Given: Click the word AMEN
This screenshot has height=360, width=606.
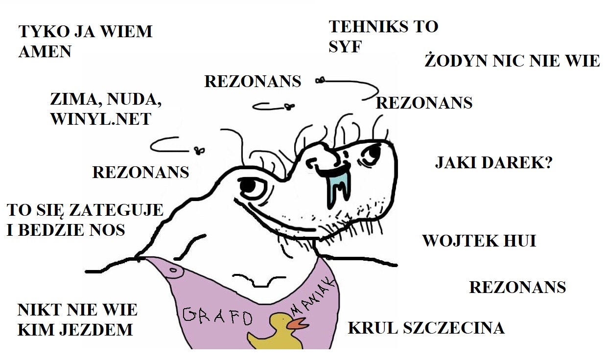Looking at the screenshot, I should point(45,51).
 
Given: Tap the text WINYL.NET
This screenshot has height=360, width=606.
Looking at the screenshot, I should point(100,119).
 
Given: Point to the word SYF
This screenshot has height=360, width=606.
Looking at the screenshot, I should point(345,47).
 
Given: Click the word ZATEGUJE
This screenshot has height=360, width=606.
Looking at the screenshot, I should point(116,210).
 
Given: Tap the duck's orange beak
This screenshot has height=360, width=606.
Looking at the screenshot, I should point(297,323).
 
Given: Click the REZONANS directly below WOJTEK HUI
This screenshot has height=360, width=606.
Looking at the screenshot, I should point(517,287).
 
